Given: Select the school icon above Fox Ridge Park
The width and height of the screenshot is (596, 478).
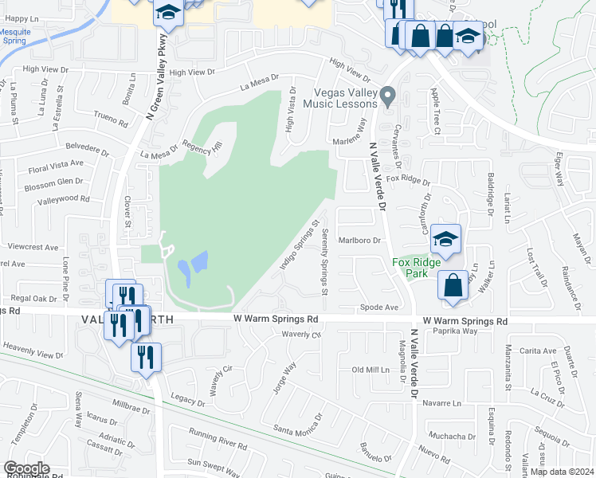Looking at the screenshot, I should [446, 240].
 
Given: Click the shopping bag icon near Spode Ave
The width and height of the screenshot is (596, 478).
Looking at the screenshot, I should [452, 287].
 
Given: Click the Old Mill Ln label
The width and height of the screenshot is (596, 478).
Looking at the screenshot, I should [371, 370].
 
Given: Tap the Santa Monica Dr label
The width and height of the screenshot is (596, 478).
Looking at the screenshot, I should [298, 423].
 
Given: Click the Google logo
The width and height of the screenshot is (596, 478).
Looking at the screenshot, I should [26, 468].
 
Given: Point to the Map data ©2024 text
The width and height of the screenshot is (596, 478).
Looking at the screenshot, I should [562, 472].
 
